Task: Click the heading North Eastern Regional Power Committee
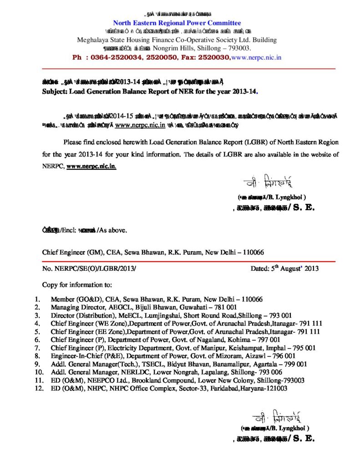177,23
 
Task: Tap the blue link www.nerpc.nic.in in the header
256,57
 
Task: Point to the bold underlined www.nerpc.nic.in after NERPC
91,167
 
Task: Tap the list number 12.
38,389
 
